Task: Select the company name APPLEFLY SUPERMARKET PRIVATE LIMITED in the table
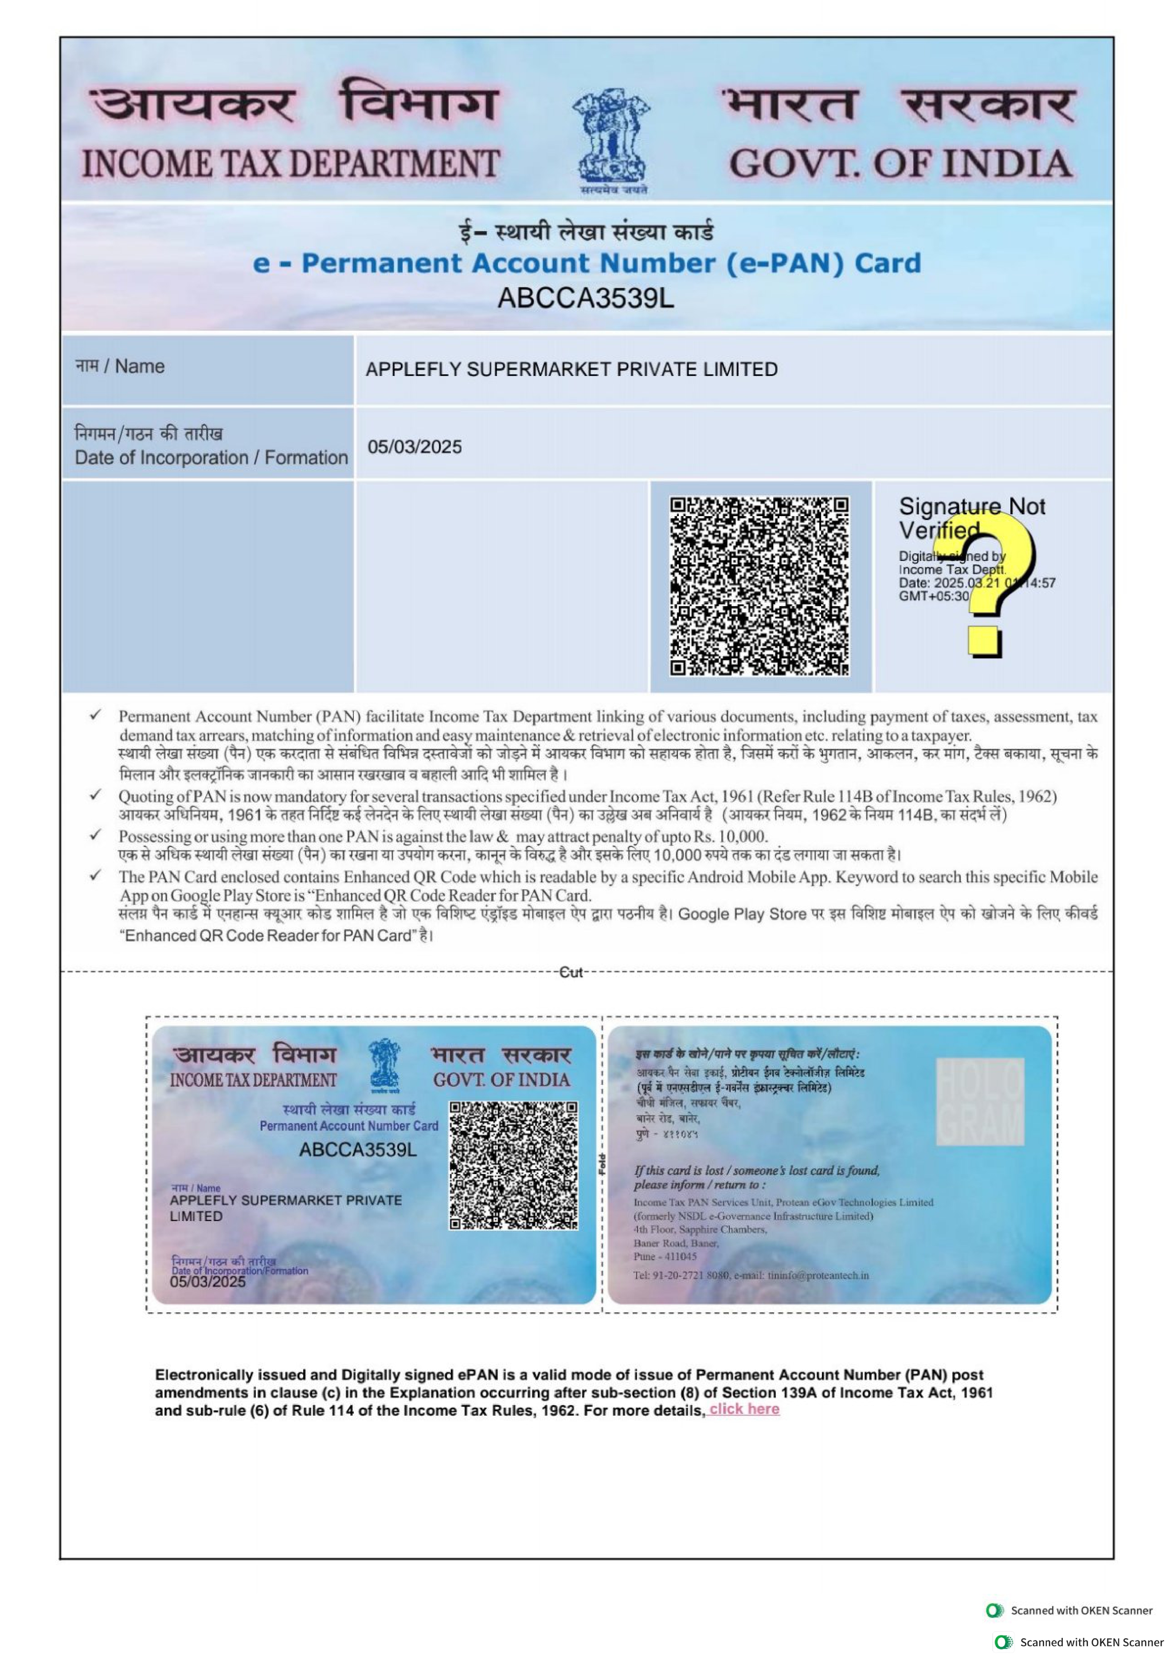[x=571, y=369]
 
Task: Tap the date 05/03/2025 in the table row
[x=414, y=447]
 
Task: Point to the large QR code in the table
[x=759, y=586]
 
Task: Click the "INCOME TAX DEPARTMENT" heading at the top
[x=290, y=164]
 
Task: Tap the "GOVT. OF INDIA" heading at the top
[x=900, y=164]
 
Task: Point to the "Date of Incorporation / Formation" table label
[x=211, y=458]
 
